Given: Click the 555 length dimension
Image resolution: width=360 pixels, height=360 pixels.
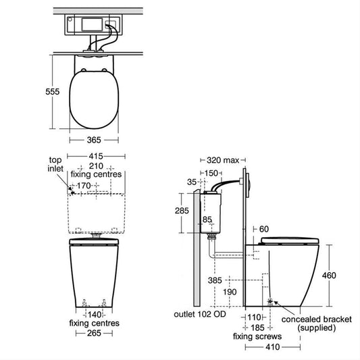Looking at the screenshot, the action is (53, 92).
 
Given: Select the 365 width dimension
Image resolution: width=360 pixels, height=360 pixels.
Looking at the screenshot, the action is (94, 140).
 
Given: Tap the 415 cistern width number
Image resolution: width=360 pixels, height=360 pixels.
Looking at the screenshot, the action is (96, 156).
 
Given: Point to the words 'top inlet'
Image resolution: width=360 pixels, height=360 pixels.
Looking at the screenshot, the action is (55, 164).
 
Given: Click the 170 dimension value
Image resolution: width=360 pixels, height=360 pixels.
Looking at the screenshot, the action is (84, 186).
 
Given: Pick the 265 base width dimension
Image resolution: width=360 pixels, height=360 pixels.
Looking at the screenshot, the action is (94, 333).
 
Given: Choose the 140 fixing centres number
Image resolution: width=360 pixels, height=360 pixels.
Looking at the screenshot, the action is (95, 315).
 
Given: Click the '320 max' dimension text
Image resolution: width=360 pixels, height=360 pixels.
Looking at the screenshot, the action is (223, 160).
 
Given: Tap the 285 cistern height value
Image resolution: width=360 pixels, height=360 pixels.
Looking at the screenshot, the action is (182, 211).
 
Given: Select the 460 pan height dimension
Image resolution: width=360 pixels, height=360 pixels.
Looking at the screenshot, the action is (329, 276).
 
